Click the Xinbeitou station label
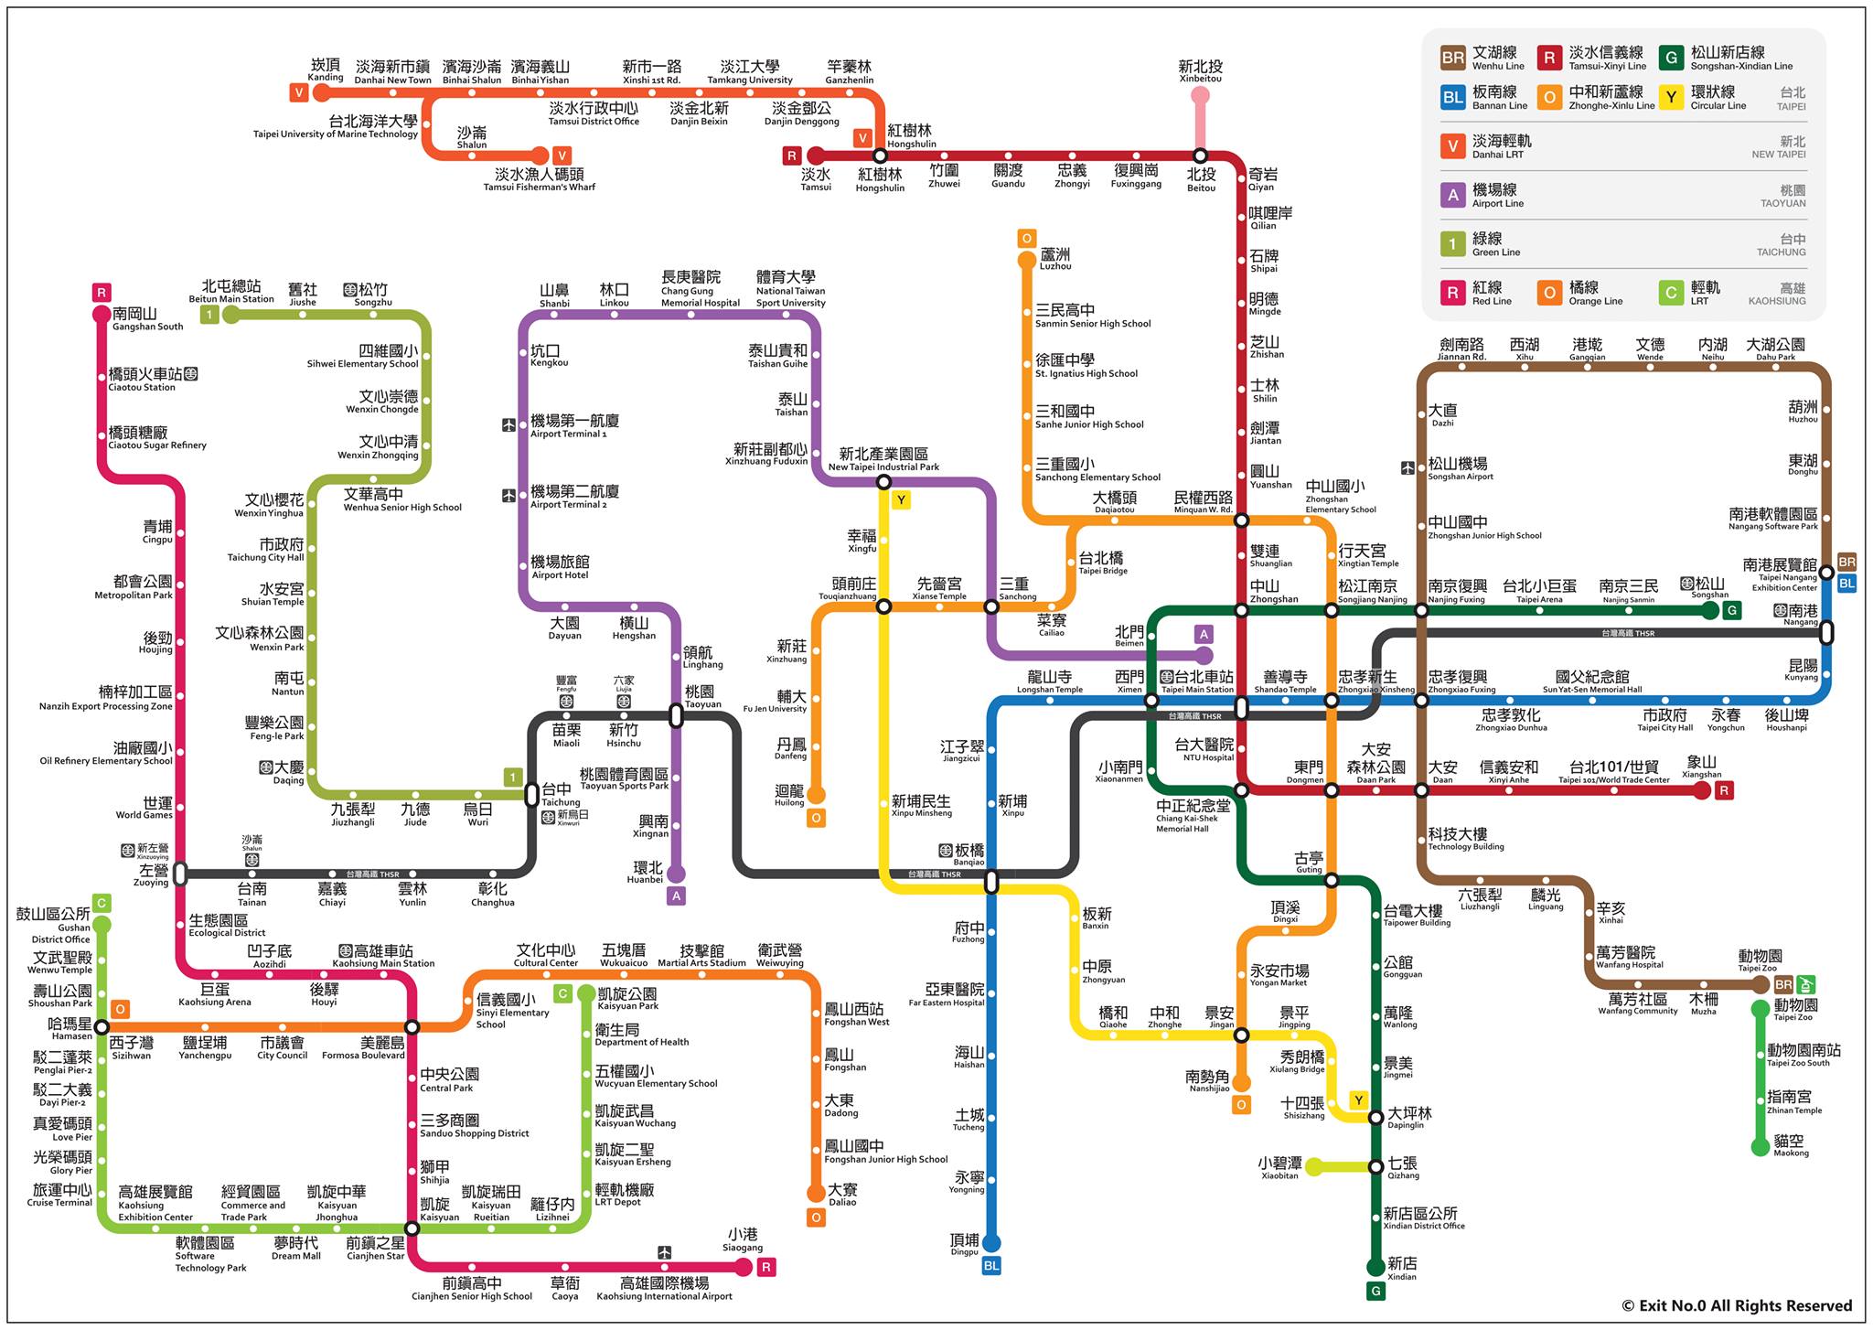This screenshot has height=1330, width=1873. pyautogui.click(x=1200, y=70)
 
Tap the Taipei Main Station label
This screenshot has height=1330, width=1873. pyautogui.click(x=1197, y=681)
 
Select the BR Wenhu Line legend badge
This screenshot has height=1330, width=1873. pyautogui.click(x=1452, y=58)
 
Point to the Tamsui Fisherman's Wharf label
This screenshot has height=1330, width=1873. pyautogui.click(x=540, y=179)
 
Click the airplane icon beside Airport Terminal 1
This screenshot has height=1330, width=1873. pyautogui.click(x=508, y=425)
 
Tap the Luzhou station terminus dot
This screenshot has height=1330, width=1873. pyautogui.click(x=1027, y=260)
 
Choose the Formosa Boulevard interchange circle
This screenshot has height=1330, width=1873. pyautogui.click(x=412, y=1027)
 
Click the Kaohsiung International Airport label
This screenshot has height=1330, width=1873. pyautogui.click(x=664, y=1288)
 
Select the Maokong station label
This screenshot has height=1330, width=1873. pyautogui.click(x=1790, y=1145)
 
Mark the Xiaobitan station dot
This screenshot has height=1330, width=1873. pyautogui.click(x=1313, y=1166)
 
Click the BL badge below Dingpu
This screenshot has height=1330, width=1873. pyautogui.click(x=991, y=1266)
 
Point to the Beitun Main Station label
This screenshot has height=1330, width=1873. pyautogui.click(x=231, y=292)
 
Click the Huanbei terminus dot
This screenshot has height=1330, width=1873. pyautogui.click(x=676, y=874)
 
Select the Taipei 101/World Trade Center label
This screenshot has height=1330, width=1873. pyautogui.click(x=1614, y=772)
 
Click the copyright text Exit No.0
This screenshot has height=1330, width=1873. pyautogui.click(x=1737, y=1305)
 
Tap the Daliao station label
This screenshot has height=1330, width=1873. pyautogui.click(x=842, y=1195)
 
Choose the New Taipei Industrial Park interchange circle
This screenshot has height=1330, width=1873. pyautogui.click(x=883, y=482)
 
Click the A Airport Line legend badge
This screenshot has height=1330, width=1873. pyautogui.click(x=1452, y=194)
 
